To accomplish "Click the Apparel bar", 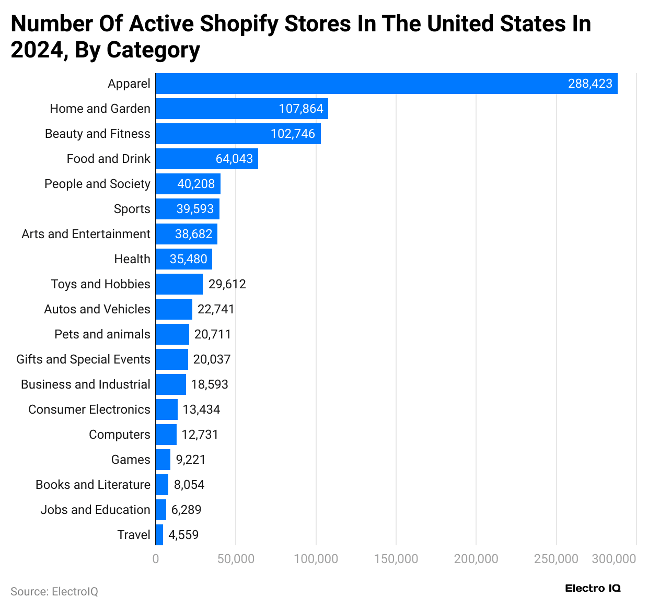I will [387, 84].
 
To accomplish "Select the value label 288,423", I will [590, 84].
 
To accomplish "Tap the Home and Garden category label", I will [100, 109].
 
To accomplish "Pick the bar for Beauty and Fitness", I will [238, 134].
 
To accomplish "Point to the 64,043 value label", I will [234, 159].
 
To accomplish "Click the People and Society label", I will [97, 184].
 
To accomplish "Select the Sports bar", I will [188, 209].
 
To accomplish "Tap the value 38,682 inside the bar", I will [193, 234].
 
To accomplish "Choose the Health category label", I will [132, 259].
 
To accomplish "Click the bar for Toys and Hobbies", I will [179, 284].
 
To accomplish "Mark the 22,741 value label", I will [216, 309].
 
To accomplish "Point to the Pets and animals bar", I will [172, 334].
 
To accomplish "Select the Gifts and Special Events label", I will [83, 359].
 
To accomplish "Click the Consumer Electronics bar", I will [167, 409].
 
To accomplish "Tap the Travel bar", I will [159, 535].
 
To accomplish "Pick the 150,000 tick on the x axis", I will [396, 559].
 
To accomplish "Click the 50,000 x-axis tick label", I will [236, 559].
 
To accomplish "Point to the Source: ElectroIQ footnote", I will [54, 591].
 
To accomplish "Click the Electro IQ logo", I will [593, 588].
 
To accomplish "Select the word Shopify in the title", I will [239, 24].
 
